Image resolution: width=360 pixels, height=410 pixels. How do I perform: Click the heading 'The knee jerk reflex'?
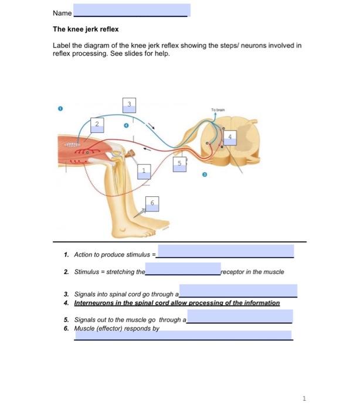pos(86,29)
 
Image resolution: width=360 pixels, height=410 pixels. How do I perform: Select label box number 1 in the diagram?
pos(143,170)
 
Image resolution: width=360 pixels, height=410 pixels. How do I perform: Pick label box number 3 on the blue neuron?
pos(130,105)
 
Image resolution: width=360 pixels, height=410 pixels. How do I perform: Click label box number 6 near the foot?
pos(152,202)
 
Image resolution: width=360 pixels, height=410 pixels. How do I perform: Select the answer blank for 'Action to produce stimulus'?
pos(226,252)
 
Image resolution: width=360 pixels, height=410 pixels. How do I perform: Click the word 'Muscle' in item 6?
pos(84,329)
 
